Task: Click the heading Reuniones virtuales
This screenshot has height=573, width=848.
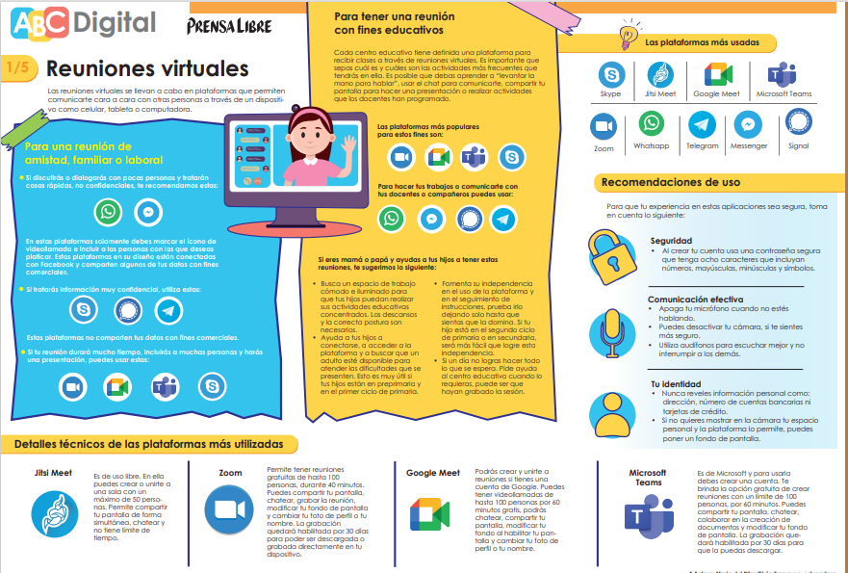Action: point(147,69)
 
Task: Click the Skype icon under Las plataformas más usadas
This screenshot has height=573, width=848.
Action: point(610,75)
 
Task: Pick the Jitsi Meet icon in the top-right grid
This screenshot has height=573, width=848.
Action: point(660,75)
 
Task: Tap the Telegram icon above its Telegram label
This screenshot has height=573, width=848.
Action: point(702,125)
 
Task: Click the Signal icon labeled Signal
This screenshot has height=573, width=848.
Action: point(798,123)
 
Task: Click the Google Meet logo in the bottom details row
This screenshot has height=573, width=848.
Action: point(429,515)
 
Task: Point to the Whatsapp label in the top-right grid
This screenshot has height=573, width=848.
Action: point(652,146)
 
